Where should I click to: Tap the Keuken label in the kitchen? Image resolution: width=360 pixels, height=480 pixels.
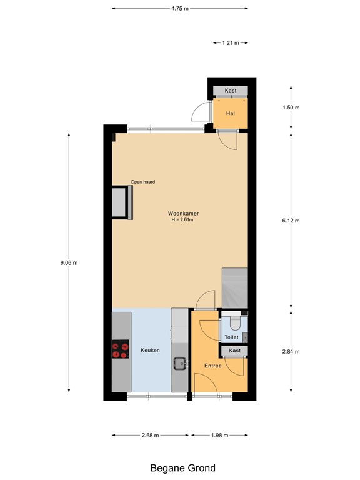(150, 350)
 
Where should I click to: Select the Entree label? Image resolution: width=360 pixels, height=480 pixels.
(213, 366)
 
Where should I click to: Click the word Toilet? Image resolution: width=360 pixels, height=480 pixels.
(231, 337)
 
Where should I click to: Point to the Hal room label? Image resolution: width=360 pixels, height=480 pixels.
(230, 113)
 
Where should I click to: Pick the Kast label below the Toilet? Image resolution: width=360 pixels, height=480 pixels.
(234, 351)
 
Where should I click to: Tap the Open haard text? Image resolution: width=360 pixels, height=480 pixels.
(142, 182)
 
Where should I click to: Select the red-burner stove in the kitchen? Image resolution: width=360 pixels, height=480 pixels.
(120, 349)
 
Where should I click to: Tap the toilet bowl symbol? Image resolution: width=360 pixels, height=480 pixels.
(234, 322)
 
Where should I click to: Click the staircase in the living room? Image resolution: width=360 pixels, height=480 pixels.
(235, 287)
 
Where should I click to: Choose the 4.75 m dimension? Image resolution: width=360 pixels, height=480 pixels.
(180, 9)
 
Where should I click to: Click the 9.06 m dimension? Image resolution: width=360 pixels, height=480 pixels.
(69, 263)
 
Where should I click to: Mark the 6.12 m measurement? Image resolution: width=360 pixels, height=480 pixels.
(291, 221)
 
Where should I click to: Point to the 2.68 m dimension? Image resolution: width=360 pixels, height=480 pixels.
(150, 435)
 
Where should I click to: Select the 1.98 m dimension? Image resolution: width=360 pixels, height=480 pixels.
(220, 435)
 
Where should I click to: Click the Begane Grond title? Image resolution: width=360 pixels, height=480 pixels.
(182, 467)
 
